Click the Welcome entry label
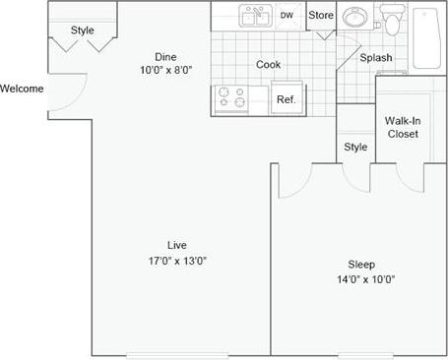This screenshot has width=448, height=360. pos(22,89)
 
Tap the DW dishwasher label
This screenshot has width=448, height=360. pos(287,16)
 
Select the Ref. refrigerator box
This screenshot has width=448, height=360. pos(287,99)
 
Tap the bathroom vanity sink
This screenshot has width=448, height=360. pos(354,18)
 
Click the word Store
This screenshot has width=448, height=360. pos(321,16)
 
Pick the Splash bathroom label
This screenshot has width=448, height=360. pos(375,58)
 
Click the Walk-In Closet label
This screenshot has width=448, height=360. pos(402,127)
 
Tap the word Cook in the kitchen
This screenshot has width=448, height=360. pos(269,64)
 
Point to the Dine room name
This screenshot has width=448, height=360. pos(165,56)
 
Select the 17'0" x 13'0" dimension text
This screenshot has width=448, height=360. pos(177,261)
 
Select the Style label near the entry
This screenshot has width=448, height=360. pos(83,30)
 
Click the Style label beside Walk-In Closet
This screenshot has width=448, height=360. pos(355,148)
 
